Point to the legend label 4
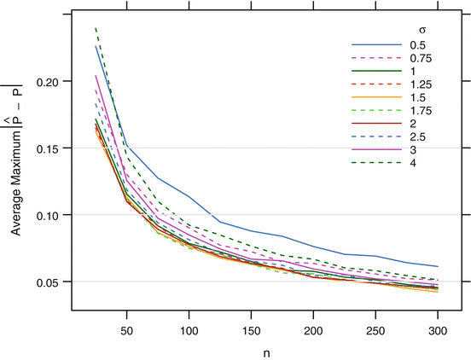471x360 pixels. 415,162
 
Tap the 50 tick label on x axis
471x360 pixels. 126,328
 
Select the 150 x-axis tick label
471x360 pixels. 252,328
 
